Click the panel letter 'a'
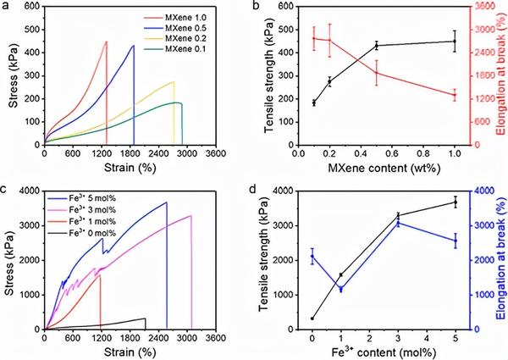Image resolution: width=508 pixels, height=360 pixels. (7, 8)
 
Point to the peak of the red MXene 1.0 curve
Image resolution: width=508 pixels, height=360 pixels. (106, 42)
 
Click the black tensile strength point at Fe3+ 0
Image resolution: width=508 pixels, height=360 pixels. (312, 318)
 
